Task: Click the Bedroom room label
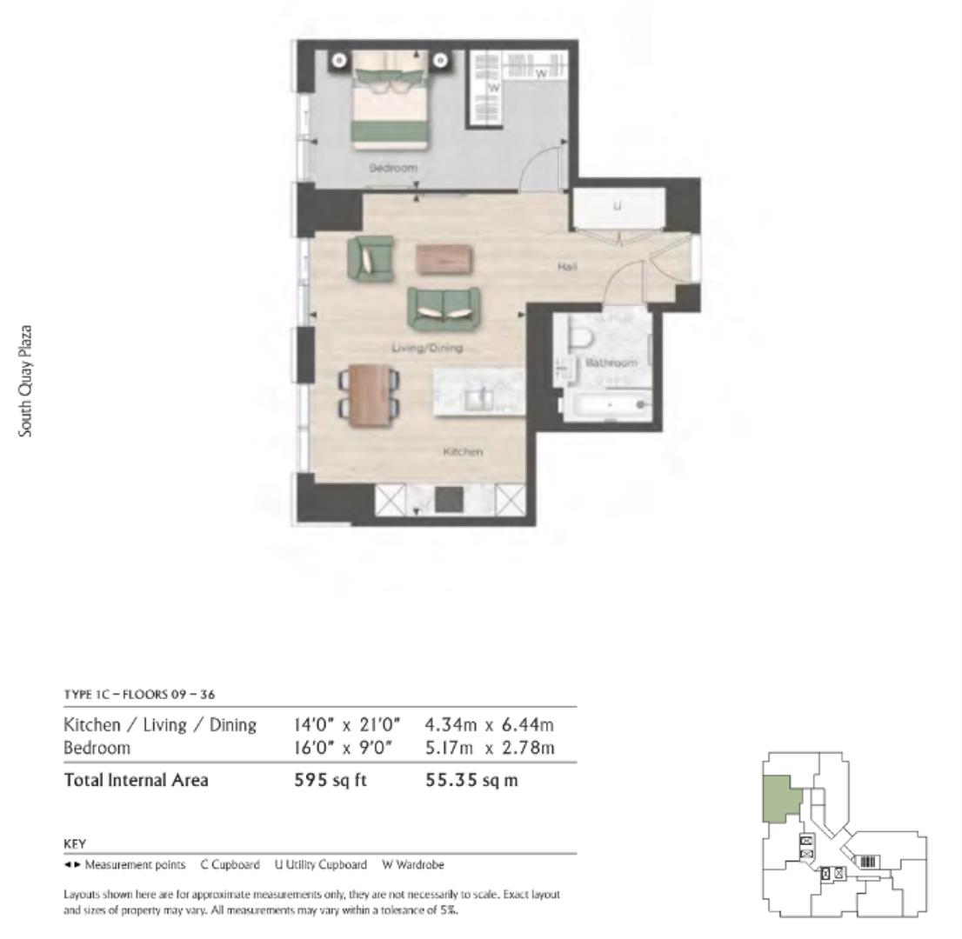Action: pyautogui.click(x=392, y=168)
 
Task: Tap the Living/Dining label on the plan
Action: pyautogui.click(x=427, y=348)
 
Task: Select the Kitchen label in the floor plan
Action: pyautogui.click(x=463, y=451)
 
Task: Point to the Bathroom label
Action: pyautogui.click(x=611, y=363)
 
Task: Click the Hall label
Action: pyautogui.click(x=567, y=267)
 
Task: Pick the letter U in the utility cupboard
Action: pyautogui.click(x=618, y=206)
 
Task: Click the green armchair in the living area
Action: pyautogui.click(x=371, y=259)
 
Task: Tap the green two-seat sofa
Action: pyautogui.click(x=444, y=309)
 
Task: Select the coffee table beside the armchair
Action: pyautogui.click(x=444, y=259)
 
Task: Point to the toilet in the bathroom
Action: pyautogui.click(x=580, y=338)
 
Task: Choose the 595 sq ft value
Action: pyautogui.click(x=330, y=780)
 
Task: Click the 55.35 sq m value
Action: pyautogui.click(x=471, y=780)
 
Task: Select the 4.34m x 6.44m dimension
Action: pyautogui.click(x=490, y=725)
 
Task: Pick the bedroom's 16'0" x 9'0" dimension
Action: pyautogui.click(x=343, y=749)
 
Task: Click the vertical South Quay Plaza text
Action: pyautogui.click(x=25, y=381)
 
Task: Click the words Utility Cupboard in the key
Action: pyautogui.click(x=326, y=864)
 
